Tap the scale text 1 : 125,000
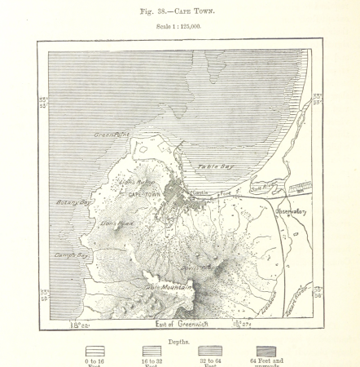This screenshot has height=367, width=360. coord(179,28)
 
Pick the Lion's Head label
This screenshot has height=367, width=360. coord(116,223)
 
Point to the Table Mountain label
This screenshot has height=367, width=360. coord(169,287)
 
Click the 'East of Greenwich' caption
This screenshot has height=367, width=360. coord(180,325)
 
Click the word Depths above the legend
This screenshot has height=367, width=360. coord(180,343)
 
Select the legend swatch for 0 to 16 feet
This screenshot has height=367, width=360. coord(94,352)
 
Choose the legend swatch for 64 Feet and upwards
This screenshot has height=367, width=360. coord(266,352)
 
